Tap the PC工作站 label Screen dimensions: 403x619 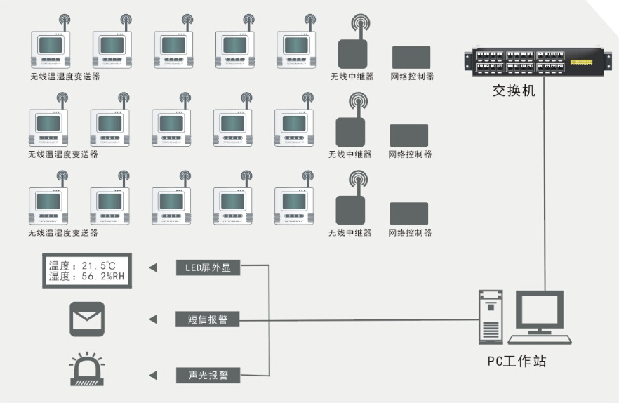[517, 362]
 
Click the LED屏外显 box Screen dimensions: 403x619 [207, 267]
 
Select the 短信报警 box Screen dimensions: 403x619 [207, 320]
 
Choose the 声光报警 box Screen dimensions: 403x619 [207, 376]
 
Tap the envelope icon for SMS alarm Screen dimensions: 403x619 [87, 319]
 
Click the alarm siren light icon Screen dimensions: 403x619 [87, 371]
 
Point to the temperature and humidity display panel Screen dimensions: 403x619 [87, 271]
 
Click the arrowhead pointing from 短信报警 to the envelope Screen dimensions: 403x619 [152, 320]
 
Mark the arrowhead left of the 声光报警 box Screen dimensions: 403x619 [152, 376]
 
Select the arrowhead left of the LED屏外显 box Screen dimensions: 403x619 [152, 267]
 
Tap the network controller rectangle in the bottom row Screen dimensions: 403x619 [409, 213]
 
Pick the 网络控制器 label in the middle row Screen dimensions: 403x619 [410, 154]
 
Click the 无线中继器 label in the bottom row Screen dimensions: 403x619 [350, 233]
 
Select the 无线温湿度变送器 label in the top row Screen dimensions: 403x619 [65, 77]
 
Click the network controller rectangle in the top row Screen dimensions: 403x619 [411, 58]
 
